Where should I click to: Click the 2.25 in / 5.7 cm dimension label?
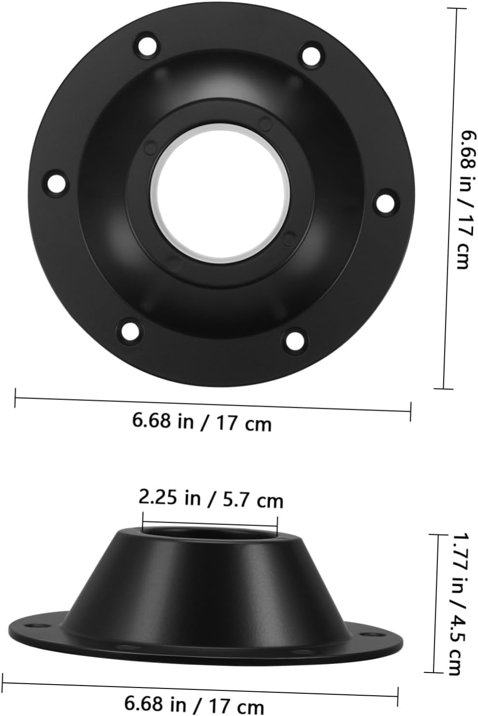(211, 498)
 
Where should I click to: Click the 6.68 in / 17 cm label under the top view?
(202, 421)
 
